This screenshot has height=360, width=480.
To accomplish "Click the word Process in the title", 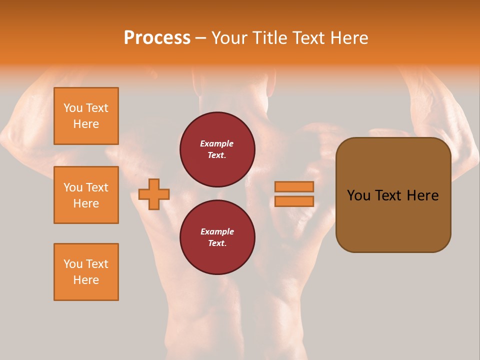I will pos(157,38).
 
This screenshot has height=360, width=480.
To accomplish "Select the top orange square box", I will pos(86,116).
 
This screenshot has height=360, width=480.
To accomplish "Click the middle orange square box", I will pos(86,195).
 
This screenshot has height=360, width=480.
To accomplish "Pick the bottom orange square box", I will pos(86,272).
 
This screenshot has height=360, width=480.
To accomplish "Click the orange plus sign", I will pos(154,194).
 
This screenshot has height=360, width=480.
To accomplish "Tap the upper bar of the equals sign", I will pos(294,186).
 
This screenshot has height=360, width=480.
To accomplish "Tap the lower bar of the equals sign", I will pos(294,201).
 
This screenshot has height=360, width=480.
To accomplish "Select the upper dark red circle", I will pos(217,149).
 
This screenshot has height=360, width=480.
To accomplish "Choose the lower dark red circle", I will pos(217,237).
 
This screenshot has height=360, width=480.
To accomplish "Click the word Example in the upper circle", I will pos(217,143).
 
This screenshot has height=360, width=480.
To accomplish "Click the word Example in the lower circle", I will pos(217,231).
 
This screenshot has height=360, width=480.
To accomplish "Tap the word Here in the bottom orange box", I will pos(86,280).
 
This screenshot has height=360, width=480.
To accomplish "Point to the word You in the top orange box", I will pos(73,108).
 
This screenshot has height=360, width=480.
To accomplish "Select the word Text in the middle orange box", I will pos(96,187).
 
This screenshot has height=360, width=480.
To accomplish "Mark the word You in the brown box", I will pos(358,195).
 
